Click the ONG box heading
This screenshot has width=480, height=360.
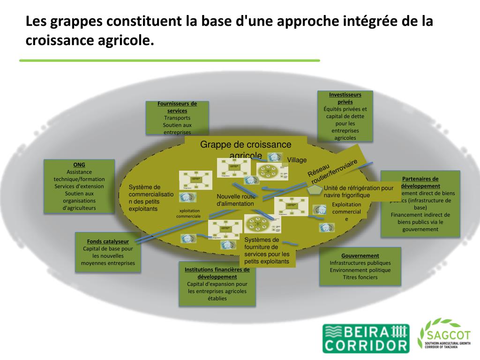(79, 165)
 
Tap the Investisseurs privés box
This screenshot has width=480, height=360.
(345, 116)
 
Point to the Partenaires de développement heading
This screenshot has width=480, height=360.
(420, 182)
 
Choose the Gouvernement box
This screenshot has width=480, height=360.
(360, 266)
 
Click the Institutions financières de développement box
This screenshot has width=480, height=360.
(217, 284)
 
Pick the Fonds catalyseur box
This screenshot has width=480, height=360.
(108, 252)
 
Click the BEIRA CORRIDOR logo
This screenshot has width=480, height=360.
(366, 338)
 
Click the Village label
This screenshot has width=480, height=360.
(297, 160)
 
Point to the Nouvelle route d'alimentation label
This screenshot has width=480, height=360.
(235, 200)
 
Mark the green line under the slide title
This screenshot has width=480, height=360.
(169, 60)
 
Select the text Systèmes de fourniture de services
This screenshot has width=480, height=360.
(267, 251)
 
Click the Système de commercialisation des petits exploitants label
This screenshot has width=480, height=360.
(151, 198)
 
